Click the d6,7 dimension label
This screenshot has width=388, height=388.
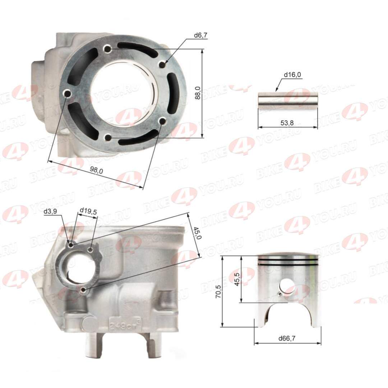point(200,35)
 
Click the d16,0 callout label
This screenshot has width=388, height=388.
point(292,75)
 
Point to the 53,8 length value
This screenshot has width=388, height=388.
point(287,123)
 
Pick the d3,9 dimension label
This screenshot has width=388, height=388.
point(50,212)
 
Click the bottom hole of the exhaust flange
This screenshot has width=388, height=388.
point(84,290)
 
